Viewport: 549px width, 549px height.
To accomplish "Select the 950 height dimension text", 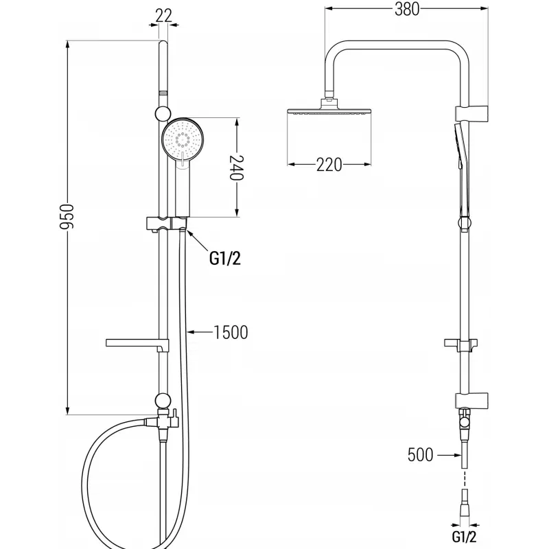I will [x=62, y=218].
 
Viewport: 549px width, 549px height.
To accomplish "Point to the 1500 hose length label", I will [x=230, y=333].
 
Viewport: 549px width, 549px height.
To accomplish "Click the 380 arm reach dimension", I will [x=405, y=9].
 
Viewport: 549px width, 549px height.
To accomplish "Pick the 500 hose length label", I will [x=421, y=454].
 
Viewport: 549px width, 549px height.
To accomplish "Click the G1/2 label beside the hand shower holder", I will [x=226, y=259].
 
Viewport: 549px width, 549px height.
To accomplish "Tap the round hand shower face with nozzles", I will [x=183, y=140].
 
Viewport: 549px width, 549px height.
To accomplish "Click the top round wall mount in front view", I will [x=163, y=113].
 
